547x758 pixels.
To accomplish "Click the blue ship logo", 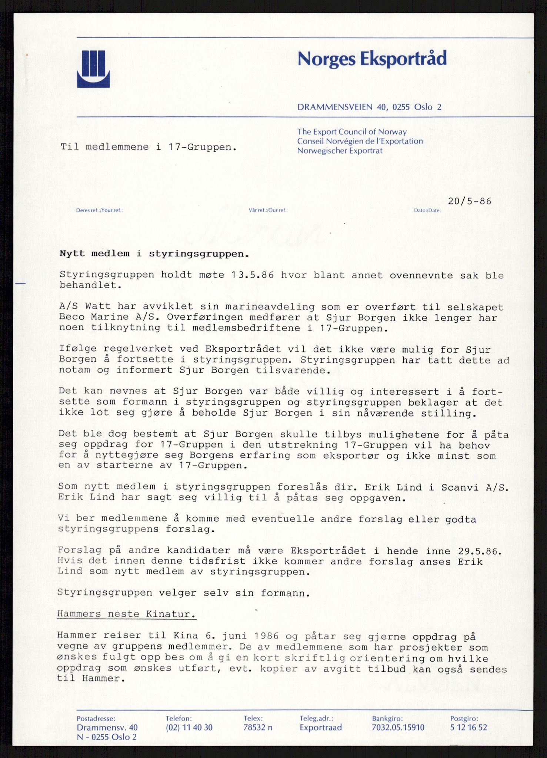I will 93,69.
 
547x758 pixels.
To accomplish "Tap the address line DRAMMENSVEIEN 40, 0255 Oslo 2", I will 369,107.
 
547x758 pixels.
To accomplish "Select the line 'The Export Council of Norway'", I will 352,132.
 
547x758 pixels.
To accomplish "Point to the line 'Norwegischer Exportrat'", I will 340,151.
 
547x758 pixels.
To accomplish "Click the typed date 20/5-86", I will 469,201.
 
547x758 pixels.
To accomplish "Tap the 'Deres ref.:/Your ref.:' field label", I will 99,211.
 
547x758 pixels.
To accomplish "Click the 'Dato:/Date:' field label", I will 427,211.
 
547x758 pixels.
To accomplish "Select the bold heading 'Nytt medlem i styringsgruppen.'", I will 154,254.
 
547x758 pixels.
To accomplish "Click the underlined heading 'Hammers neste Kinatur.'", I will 127,614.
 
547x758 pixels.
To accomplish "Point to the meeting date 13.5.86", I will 252,275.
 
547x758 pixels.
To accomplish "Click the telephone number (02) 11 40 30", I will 189,727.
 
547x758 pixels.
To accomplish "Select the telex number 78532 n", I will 258,727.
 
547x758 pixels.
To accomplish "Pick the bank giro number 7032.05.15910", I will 398,727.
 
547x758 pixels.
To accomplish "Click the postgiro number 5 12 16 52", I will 468,727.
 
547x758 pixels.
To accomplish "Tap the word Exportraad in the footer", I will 321,727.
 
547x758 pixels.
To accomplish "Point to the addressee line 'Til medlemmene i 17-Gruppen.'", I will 149,147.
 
